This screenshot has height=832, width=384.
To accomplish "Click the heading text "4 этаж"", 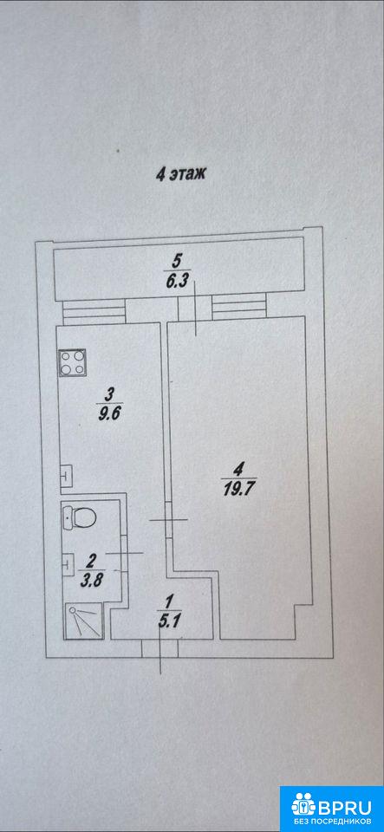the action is click(x=180, y=174).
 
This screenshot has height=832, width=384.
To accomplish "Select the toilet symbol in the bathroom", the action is click(x=79, y=516).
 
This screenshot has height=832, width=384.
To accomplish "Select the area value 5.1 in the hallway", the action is click(x=169, y=620).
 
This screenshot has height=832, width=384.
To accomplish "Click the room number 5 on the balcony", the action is click(x=177, y=261).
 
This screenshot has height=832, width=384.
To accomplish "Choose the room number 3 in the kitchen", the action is click(x=110, y=394).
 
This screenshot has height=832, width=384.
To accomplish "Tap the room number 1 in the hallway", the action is click(x=169, y=601).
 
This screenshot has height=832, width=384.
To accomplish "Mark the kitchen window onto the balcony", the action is click(x=94, y=310).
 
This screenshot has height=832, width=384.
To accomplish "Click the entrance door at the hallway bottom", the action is click(x=160, y=649).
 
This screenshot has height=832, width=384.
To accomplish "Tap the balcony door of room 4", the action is click(x=186, y=309).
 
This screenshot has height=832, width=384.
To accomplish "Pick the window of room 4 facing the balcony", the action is click(x=238, y=306).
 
